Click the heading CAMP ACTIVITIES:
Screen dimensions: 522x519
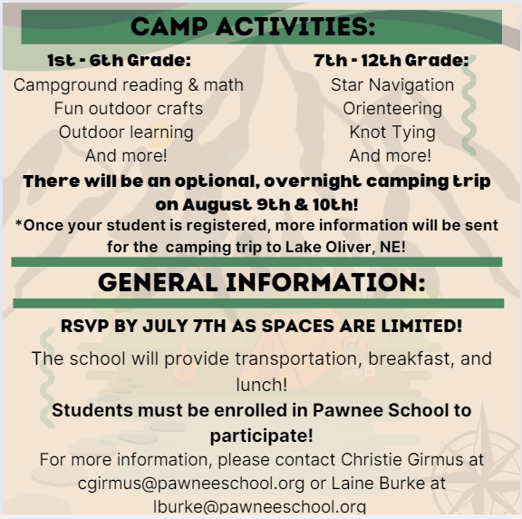point(253,26)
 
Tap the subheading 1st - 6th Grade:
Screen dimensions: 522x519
point(120,60)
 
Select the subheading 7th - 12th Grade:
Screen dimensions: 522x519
point(391,60)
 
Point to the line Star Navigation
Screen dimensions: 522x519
point(392,84)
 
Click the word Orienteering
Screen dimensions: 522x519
point(392,109)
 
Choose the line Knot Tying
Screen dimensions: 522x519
point(392,132)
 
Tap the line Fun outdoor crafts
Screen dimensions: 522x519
point(129,108)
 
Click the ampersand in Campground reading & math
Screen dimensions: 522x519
point(193,84)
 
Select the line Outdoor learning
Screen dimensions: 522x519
point(126,132)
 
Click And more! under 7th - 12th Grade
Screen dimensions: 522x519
point(391,156)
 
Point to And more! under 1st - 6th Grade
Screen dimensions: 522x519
point(126,156)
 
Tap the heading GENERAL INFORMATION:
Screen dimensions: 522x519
point(262,283)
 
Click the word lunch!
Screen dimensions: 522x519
point(261,385)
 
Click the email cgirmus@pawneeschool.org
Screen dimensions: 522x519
point(191,484)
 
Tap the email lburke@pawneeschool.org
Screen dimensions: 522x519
point(260,507)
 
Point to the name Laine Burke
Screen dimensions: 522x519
point(379,484)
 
